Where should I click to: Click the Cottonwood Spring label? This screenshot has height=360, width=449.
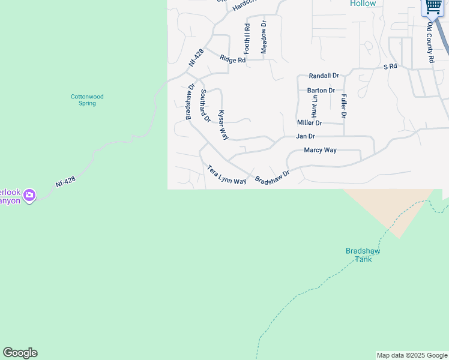click(x=87, y=100)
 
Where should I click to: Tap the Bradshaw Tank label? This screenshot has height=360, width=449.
click(x=363, y=255)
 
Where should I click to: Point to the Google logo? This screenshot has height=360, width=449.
click(x=20, y=353)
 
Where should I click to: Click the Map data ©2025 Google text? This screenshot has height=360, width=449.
click(x=412, y=355)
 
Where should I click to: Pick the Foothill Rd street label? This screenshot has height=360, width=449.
click(x=247, y=39)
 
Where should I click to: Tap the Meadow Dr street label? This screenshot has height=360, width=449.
click(x=263, y=37)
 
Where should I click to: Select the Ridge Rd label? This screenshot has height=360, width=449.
click(x=232, y=59)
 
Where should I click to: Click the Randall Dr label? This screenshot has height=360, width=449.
click(x=324, y=76)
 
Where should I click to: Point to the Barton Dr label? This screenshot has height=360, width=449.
click(x=321, y=91)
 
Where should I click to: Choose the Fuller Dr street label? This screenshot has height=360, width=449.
click(x=344, y=106)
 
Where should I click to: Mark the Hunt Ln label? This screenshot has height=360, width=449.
click(x=315, y=106)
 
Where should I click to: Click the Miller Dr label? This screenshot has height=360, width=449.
click(x=310, y=122)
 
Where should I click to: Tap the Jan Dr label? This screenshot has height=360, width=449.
click(x=306, y=136)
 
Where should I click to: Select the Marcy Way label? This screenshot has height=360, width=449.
click(x=320, y=150)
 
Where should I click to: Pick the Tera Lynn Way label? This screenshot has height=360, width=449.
click(x=227, y=175)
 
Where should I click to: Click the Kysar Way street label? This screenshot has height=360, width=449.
click(x=223, y=125)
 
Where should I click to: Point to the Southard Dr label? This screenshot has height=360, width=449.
click(x=205, y=106)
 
